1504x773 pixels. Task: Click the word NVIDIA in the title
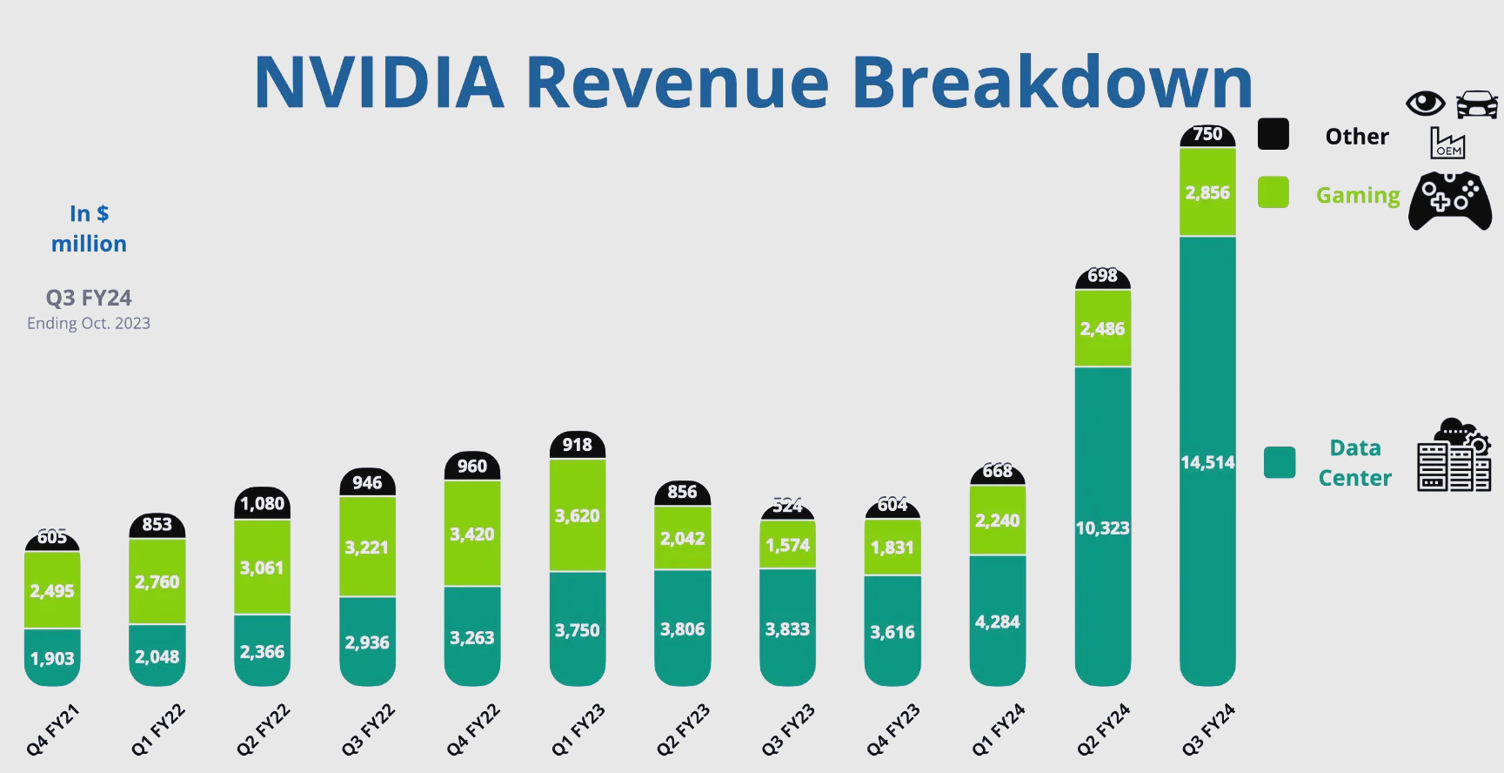click(x=378, y=83)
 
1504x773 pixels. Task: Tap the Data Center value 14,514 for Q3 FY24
click(x=1207, y=462)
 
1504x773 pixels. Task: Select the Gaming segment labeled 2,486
click(x=1102, y=329)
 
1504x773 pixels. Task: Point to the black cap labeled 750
click(x=1207, y=134)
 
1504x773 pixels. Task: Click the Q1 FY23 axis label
click(x=578, y=729)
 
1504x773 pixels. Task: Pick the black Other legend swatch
click(x=1273, y=134)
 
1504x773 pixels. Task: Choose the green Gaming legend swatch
click(x=1273, y=192)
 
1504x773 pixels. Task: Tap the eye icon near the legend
click(x=1425, y=104)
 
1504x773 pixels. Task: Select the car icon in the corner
click(x=1476, y=104)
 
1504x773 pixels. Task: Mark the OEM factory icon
click(x=1448, y=143)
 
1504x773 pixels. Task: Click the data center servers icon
click(x=1454, y=456)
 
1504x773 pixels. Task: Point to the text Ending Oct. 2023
click(x=89, y=323)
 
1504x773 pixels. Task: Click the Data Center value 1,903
click(x=52, y=659)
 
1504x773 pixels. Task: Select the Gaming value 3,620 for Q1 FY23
click(x=578, y=515)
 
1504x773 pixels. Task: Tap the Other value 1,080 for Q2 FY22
click(x=262, y=504)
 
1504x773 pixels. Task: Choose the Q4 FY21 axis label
click(x=52, y=729)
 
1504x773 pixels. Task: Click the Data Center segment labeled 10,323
click(x=1102, y=528)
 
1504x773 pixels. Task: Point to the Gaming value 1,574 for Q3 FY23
click(x=787, y=545)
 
